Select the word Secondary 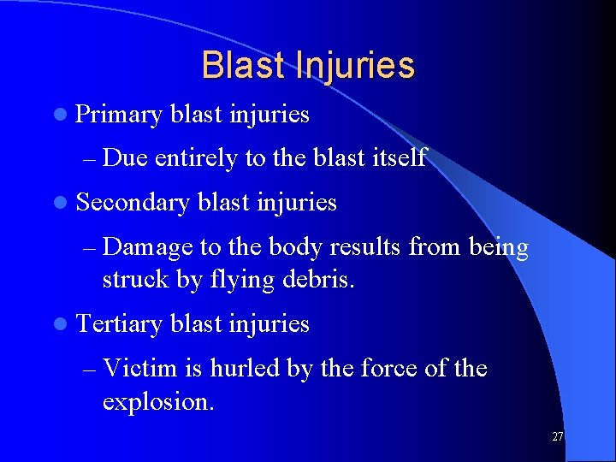pos(132,203)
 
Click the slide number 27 pos(557,436)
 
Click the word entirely pos(196,158)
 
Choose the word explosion pos(158,400)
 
